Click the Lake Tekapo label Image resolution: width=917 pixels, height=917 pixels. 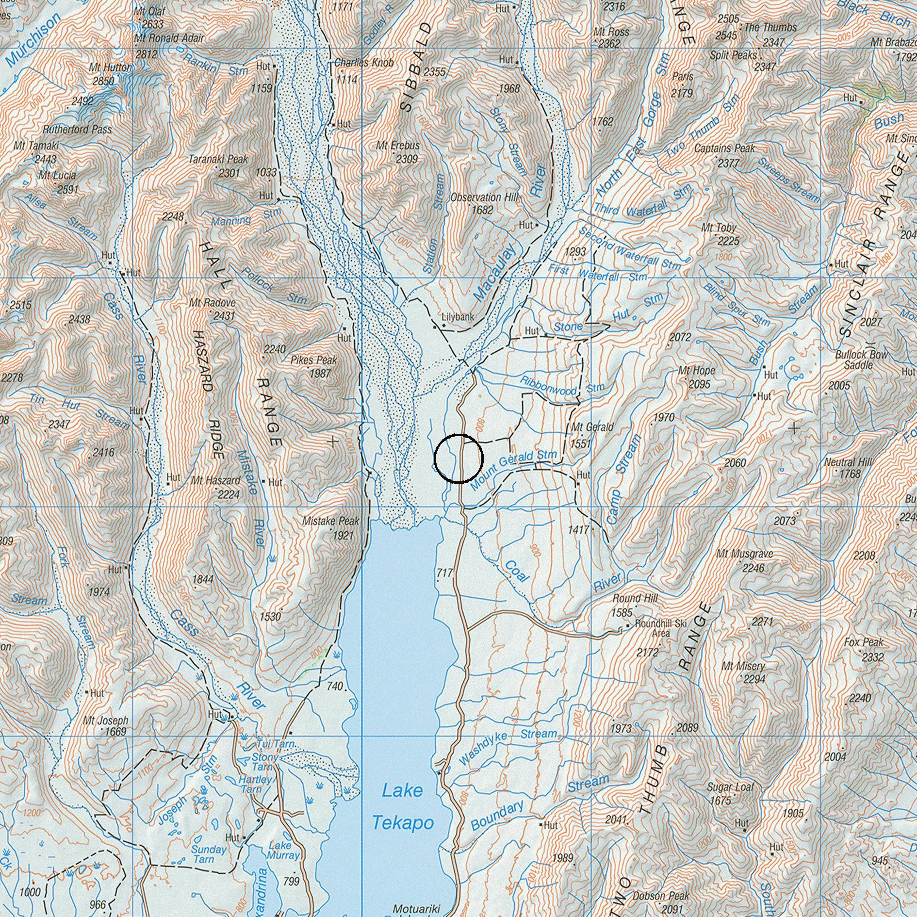[402, 806]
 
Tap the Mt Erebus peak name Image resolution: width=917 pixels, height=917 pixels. [398, 146]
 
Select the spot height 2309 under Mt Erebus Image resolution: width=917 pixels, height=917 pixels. [407, 159]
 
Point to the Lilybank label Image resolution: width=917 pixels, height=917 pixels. [458, 317]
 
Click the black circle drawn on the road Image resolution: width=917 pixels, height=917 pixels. [458, 458]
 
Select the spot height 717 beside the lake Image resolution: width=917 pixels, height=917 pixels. [444, 573]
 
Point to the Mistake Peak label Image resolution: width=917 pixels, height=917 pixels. [331, 521]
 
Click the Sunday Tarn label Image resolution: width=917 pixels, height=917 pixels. [209, 854]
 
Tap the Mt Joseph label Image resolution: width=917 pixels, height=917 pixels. [106, 720]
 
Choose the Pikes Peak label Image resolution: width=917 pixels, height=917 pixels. [314, 360]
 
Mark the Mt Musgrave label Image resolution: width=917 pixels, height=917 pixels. [745, 554]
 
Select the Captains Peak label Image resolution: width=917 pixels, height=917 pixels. [724, 148]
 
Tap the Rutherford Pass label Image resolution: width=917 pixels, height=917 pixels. [77, 130]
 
